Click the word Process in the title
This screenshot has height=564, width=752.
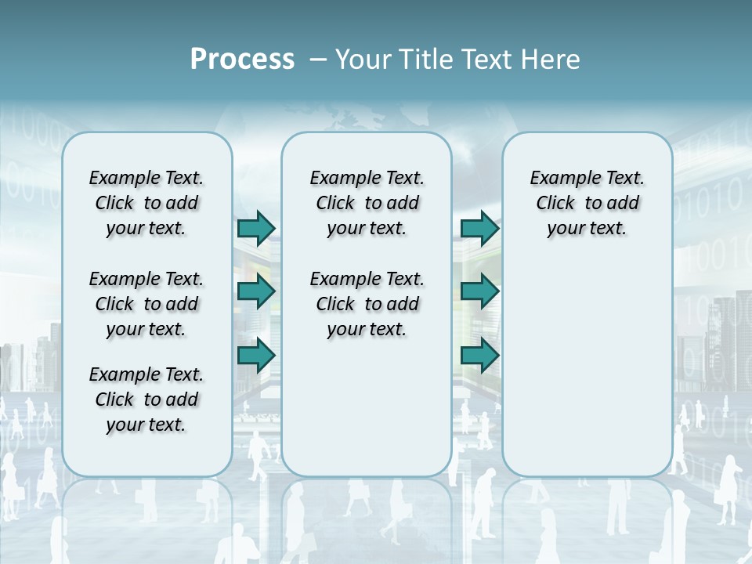coord(242,59)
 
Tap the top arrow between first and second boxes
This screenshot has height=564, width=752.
coord(256,228)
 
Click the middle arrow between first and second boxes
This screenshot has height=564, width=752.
coord(256,291)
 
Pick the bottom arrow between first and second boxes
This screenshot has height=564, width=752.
coord(256,356)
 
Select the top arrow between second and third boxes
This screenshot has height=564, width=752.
coord(479,228)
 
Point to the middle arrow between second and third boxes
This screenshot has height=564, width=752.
coord(479,291)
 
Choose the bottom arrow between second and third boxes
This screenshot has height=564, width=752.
coord(479,356)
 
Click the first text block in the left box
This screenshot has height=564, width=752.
coord(146,203)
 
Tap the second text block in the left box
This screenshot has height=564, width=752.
coord(146,304)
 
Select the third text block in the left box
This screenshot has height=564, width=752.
coord(146,399)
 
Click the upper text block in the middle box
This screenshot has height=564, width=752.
coord(367,203)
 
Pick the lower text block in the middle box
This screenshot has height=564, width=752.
coord(367,304)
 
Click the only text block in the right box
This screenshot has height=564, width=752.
coord(587,203)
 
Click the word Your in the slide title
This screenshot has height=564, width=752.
coord(363,60)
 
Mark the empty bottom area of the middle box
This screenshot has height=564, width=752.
coord(367,415)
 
